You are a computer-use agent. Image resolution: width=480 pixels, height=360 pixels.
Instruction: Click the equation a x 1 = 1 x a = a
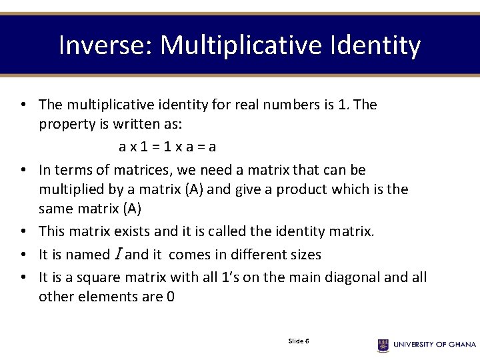point(167,146)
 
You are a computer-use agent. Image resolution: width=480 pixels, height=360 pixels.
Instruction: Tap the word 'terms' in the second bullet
point(72,170)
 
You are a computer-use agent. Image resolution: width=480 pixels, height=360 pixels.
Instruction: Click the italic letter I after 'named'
point(118,255)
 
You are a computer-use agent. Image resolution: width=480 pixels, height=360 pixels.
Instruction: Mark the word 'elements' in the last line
point(107,296)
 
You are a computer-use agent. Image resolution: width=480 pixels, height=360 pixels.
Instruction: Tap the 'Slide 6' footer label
point(298,341)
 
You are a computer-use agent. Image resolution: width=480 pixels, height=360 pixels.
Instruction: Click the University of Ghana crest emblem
point(383,345)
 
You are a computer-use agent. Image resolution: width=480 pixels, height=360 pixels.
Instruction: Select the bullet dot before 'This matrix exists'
point(23,232)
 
